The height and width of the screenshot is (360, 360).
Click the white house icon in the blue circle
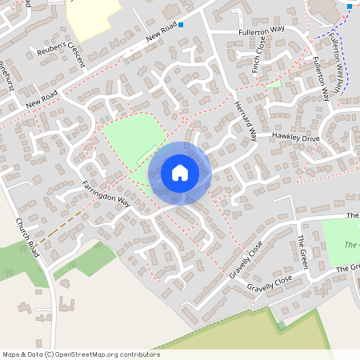(180, 173)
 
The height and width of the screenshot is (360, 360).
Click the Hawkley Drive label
(295, 138)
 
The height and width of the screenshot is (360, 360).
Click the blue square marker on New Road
(182, 25)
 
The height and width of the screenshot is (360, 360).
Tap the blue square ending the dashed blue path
(350, 6)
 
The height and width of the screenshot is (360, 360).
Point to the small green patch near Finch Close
(274, 82)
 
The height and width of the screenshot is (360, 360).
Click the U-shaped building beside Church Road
(65, 305)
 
